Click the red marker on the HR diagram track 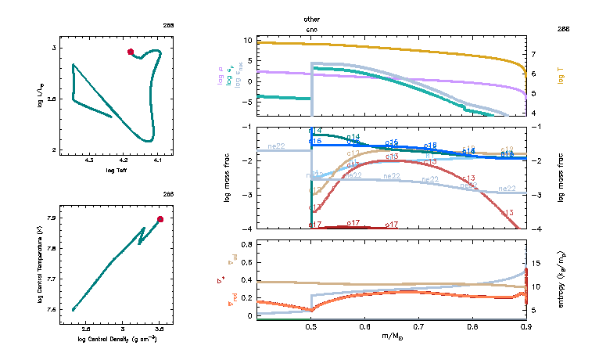click(x=131, y=52)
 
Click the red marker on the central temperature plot click(x=160, y=219)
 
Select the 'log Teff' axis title click(x=116, y=170)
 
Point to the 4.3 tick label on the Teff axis click(x=89, y=160)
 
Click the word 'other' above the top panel click(x=311, y=18)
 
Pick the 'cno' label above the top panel click(x=311, y=28)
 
